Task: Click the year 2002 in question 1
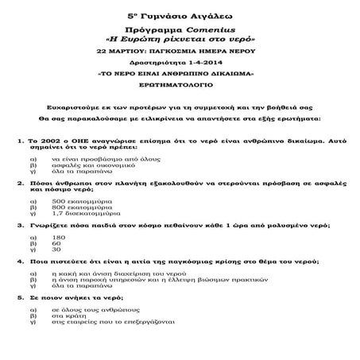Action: (x=45, y=140)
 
